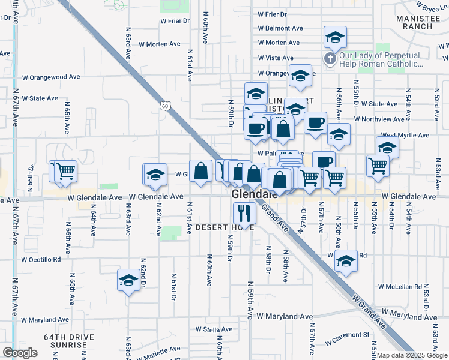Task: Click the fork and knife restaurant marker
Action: click(244, 213)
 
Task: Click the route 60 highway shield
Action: click(172, 106)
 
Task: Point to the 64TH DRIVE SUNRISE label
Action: click(68, 341)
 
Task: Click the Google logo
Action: click(20, 353)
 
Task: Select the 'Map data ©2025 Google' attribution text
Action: click(412, 355)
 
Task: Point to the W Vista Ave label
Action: click(276, 58)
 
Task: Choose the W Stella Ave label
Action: click(214, 329)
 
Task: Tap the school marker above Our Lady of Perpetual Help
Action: click(334, 38)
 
